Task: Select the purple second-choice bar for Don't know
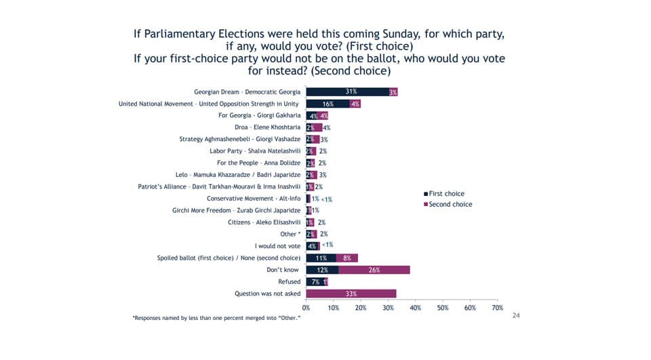pos(374,269)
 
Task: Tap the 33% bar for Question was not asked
pos(351,293)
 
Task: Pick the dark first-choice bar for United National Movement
pos(328,104)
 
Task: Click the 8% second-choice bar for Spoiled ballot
pos(347,258)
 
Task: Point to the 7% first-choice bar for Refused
pos(315,281)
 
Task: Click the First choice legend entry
pos(445,194)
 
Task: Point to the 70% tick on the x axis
pos(497,308)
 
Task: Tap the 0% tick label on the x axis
pos(307,308)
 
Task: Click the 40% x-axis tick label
pos(416,308)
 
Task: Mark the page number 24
pos(515,316)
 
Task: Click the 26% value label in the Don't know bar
pos(374,270)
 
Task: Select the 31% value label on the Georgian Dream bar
pos(351,92)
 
